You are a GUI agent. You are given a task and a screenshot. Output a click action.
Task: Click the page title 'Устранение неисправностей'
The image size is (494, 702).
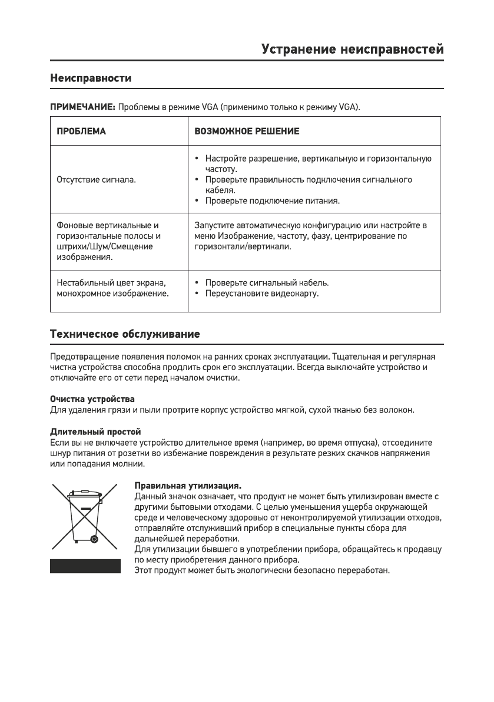(x=352, y=50)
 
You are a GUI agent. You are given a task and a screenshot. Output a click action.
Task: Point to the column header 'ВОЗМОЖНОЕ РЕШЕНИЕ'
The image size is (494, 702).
(x=247, y=131)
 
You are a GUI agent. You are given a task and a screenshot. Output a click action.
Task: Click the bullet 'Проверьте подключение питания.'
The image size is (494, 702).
(x=273, y=201)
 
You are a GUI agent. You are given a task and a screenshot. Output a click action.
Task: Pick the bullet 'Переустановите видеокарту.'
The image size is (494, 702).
(x=262, y=293)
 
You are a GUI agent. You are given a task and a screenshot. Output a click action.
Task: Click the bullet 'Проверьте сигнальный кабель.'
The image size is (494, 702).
(x=267, y=282)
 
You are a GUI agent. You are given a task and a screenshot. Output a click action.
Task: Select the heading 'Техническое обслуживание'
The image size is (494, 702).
(x=125, y=335)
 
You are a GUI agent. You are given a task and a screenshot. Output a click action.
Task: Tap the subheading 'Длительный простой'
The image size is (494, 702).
(x=95, y=432)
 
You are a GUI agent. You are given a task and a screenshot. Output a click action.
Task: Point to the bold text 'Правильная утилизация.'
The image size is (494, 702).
(x=188, y=486)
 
